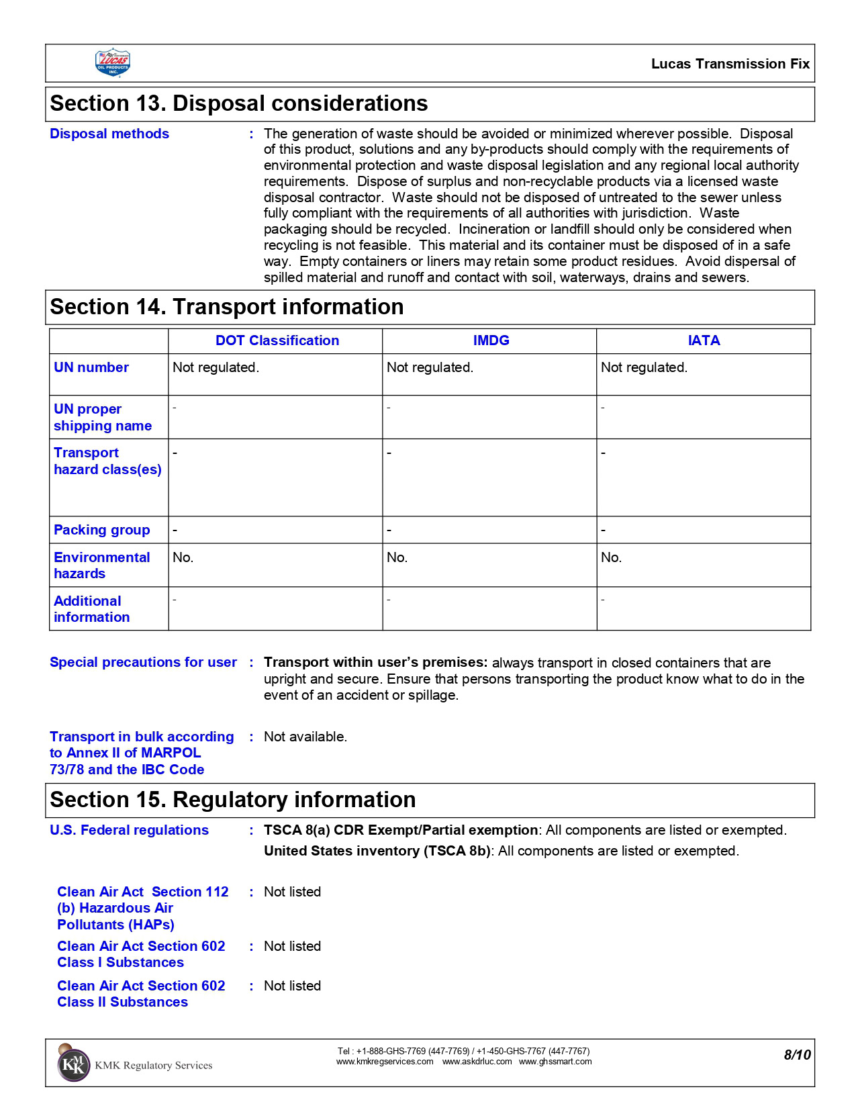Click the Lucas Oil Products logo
113,63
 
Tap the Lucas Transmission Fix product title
730,64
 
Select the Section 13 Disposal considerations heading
238,103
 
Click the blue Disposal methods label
109,134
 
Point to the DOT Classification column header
277,340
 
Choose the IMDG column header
491,340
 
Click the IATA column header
704,340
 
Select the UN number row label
91,367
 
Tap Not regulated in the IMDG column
430,367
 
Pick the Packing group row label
102,530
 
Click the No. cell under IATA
611,557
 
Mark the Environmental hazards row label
101,565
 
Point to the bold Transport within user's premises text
375,663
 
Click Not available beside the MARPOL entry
305,737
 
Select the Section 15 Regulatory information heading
232,800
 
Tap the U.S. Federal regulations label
129,830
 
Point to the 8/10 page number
797,1055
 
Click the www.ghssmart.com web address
555,1062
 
